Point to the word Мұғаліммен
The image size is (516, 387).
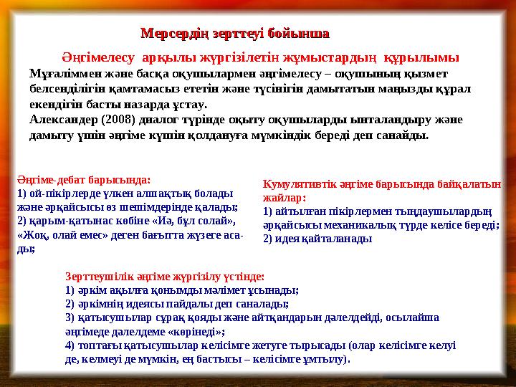point(63,73)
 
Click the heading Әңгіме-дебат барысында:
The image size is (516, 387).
point(83,181)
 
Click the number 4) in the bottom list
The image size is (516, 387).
point(70,345)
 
